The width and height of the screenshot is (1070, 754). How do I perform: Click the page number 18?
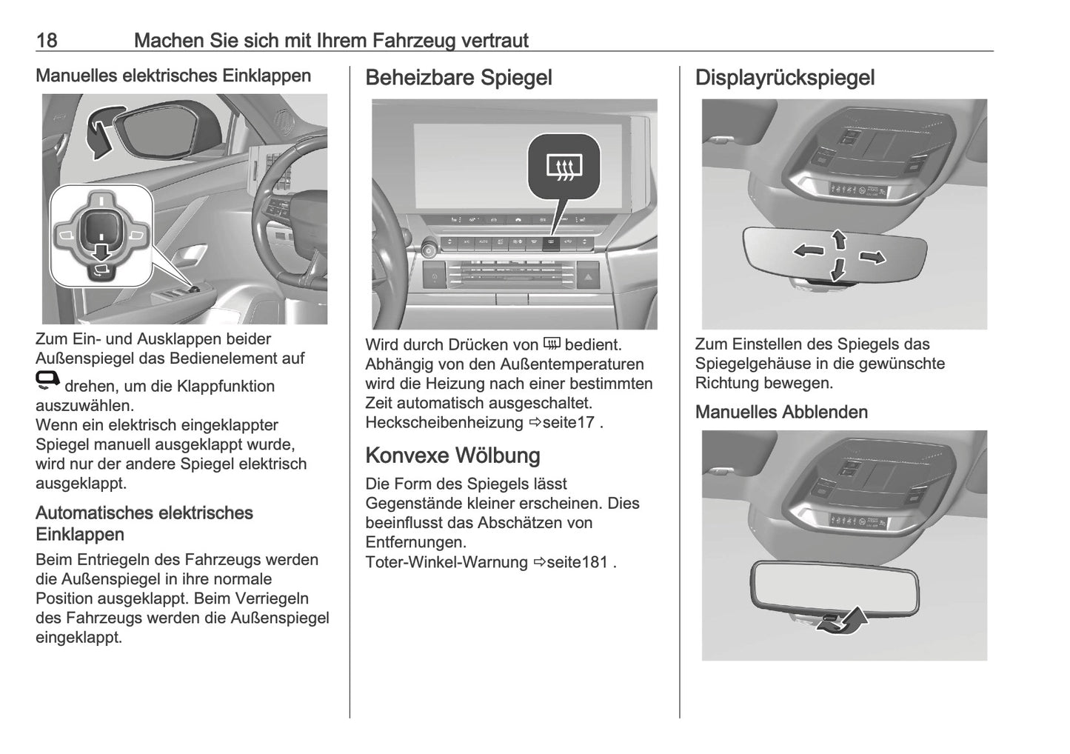coord(47,40)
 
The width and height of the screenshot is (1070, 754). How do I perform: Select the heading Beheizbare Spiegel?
coord(458,78)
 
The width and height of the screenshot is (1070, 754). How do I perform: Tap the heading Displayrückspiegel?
coord(784,78)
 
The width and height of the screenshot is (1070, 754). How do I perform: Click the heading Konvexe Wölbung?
coord(452,455)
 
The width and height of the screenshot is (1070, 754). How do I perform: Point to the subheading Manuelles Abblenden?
coord(781,412)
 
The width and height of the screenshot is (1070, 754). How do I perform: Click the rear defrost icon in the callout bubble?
coord(564,168)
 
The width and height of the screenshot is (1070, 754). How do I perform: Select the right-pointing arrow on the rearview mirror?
coord(872,257)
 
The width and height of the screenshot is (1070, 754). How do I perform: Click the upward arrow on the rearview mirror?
coord(838,238)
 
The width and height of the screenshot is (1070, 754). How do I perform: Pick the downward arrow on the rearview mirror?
coord(837,270)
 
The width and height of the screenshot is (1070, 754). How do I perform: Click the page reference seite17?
coord(568,423)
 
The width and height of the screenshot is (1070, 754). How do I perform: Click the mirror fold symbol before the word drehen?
coord(47,381)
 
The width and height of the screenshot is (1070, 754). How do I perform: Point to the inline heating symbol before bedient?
coord(552,344)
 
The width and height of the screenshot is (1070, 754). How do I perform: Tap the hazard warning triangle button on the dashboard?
coord(586,278)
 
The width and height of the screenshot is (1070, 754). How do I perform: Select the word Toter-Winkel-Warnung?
coord(446,562)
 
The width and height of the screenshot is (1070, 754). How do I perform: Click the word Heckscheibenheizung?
coord(444,423)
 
